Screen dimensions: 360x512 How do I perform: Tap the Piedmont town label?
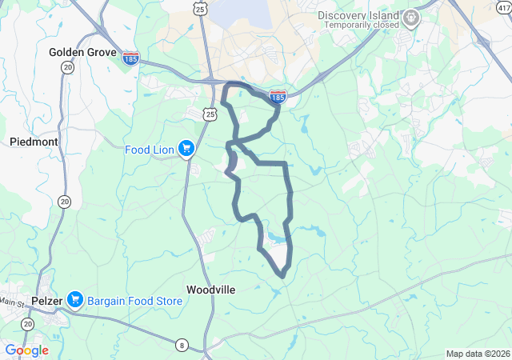[x=34, y=142]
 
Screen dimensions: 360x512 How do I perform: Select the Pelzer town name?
[x=46, y=301]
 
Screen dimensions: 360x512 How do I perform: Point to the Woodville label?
[x=210, y=290]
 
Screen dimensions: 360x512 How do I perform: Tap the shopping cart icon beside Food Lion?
[x=186, y=148]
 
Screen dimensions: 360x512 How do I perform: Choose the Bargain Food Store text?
[x=134, y=301]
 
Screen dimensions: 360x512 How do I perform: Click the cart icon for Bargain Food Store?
[x=75, y=301]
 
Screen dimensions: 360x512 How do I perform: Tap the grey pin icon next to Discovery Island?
[x=411, y=17]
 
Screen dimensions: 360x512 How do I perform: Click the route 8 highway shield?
[x=182, y=345]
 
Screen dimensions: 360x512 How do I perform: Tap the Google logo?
[x=26, y=350]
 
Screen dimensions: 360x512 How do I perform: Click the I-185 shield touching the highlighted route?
[x=278, y=97]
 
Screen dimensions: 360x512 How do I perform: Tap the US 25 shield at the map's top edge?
[x=200, y=7]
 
